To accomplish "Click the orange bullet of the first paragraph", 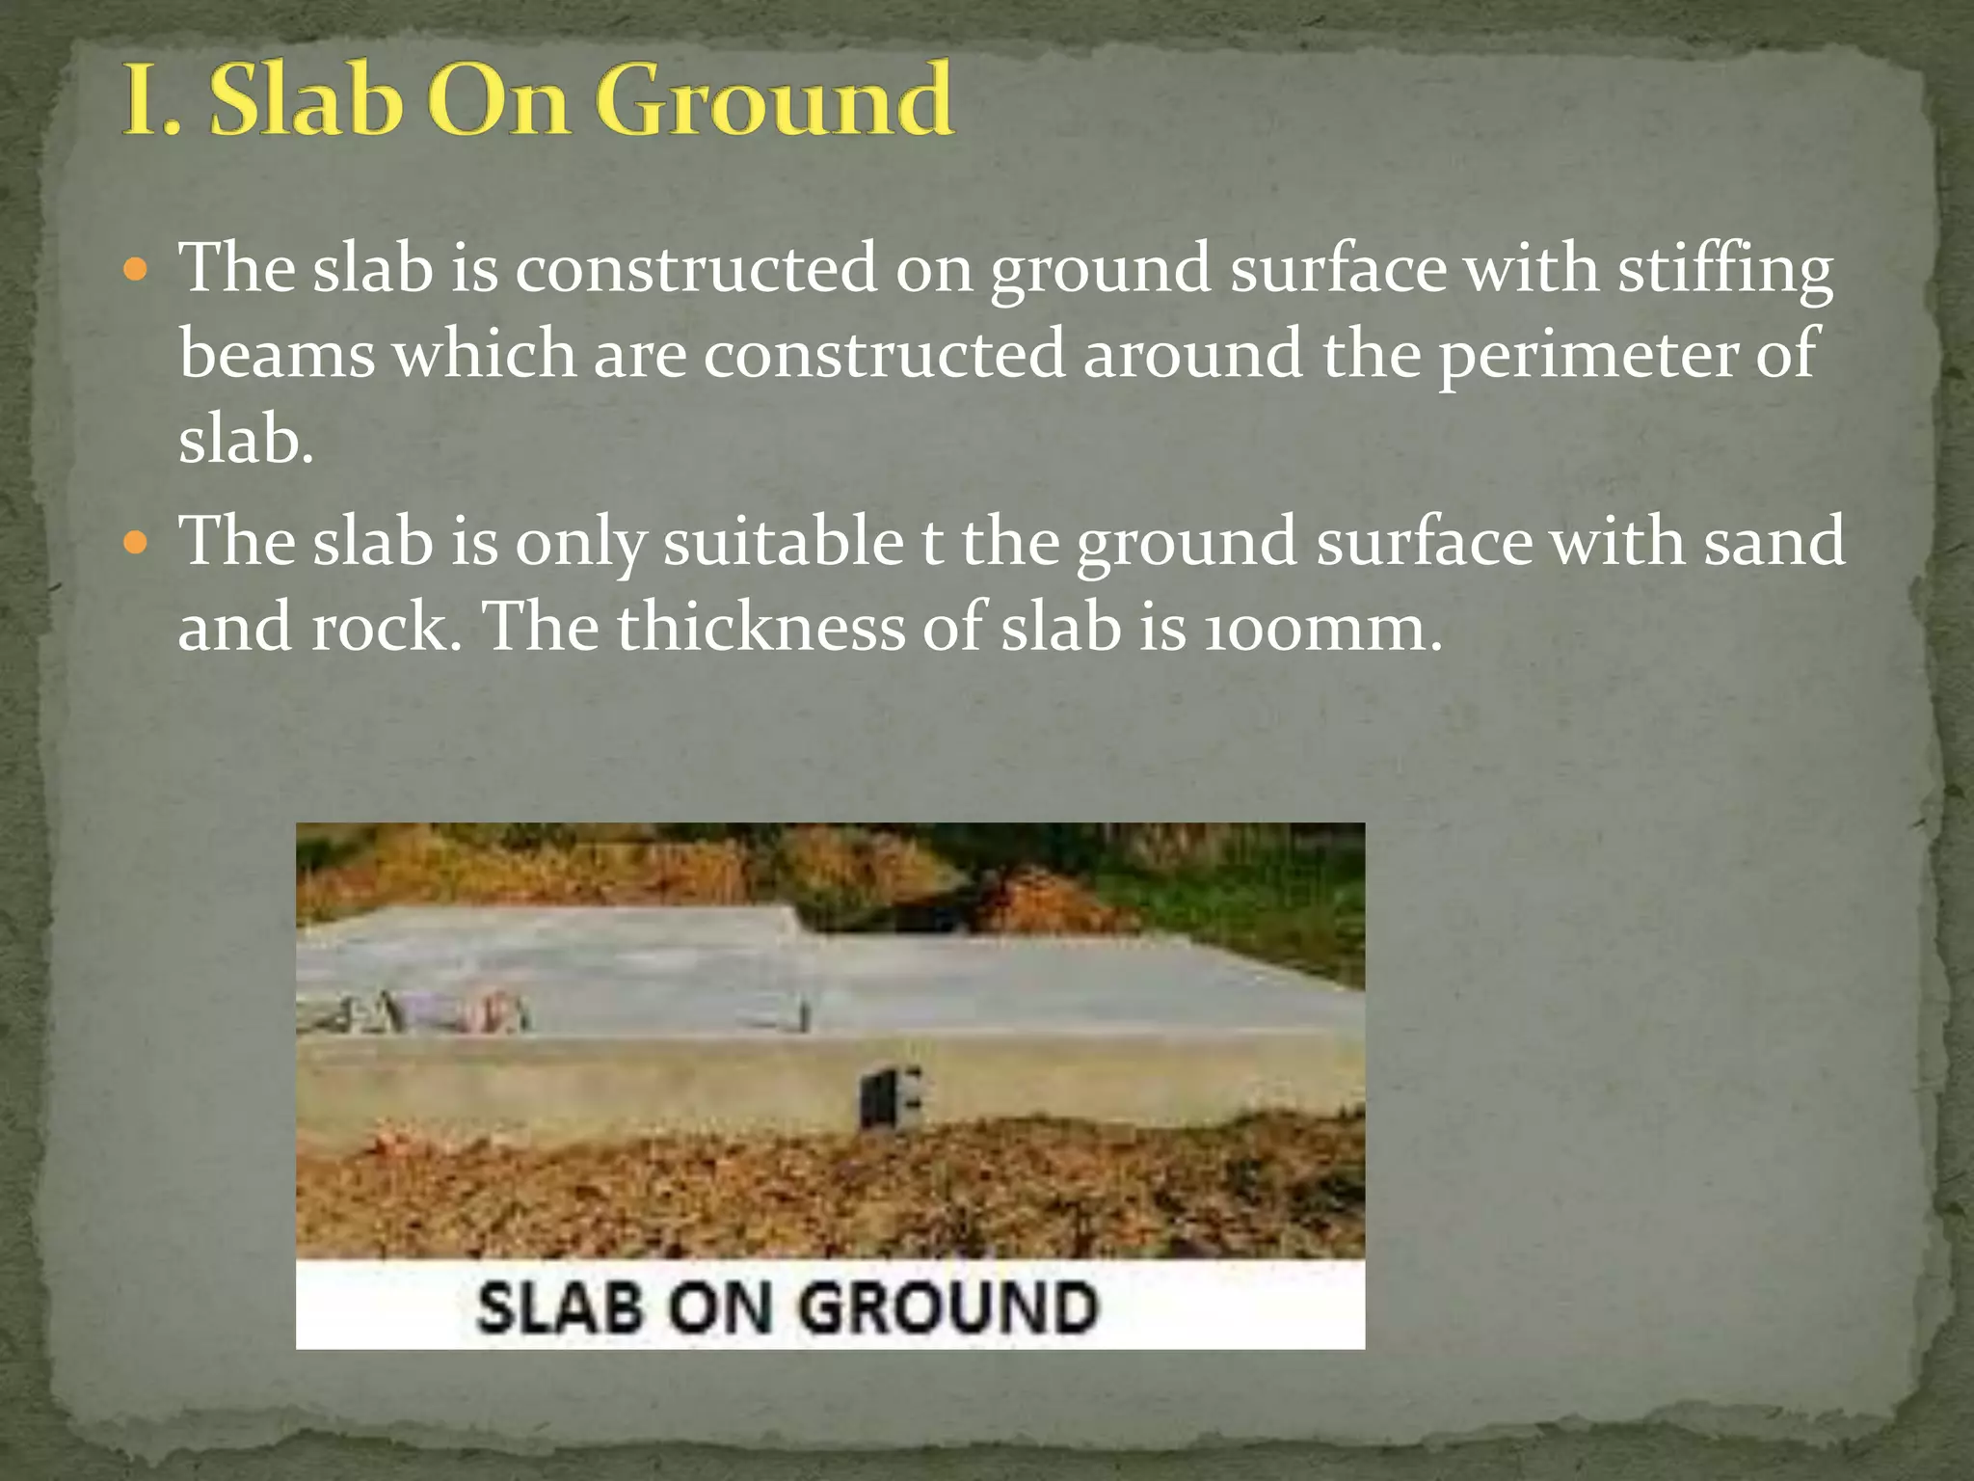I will coord(137,269).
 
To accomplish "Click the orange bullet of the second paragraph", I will coord(137,543).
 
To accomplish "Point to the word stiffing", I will coord(1724,270).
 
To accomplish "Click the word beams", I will coord(277,354).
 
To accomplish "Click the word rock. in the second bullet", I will coord(387,628).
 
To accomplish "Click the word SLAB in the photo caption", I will coord(560,1308).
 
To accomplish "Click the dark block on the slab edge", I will coord(890,1097).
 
